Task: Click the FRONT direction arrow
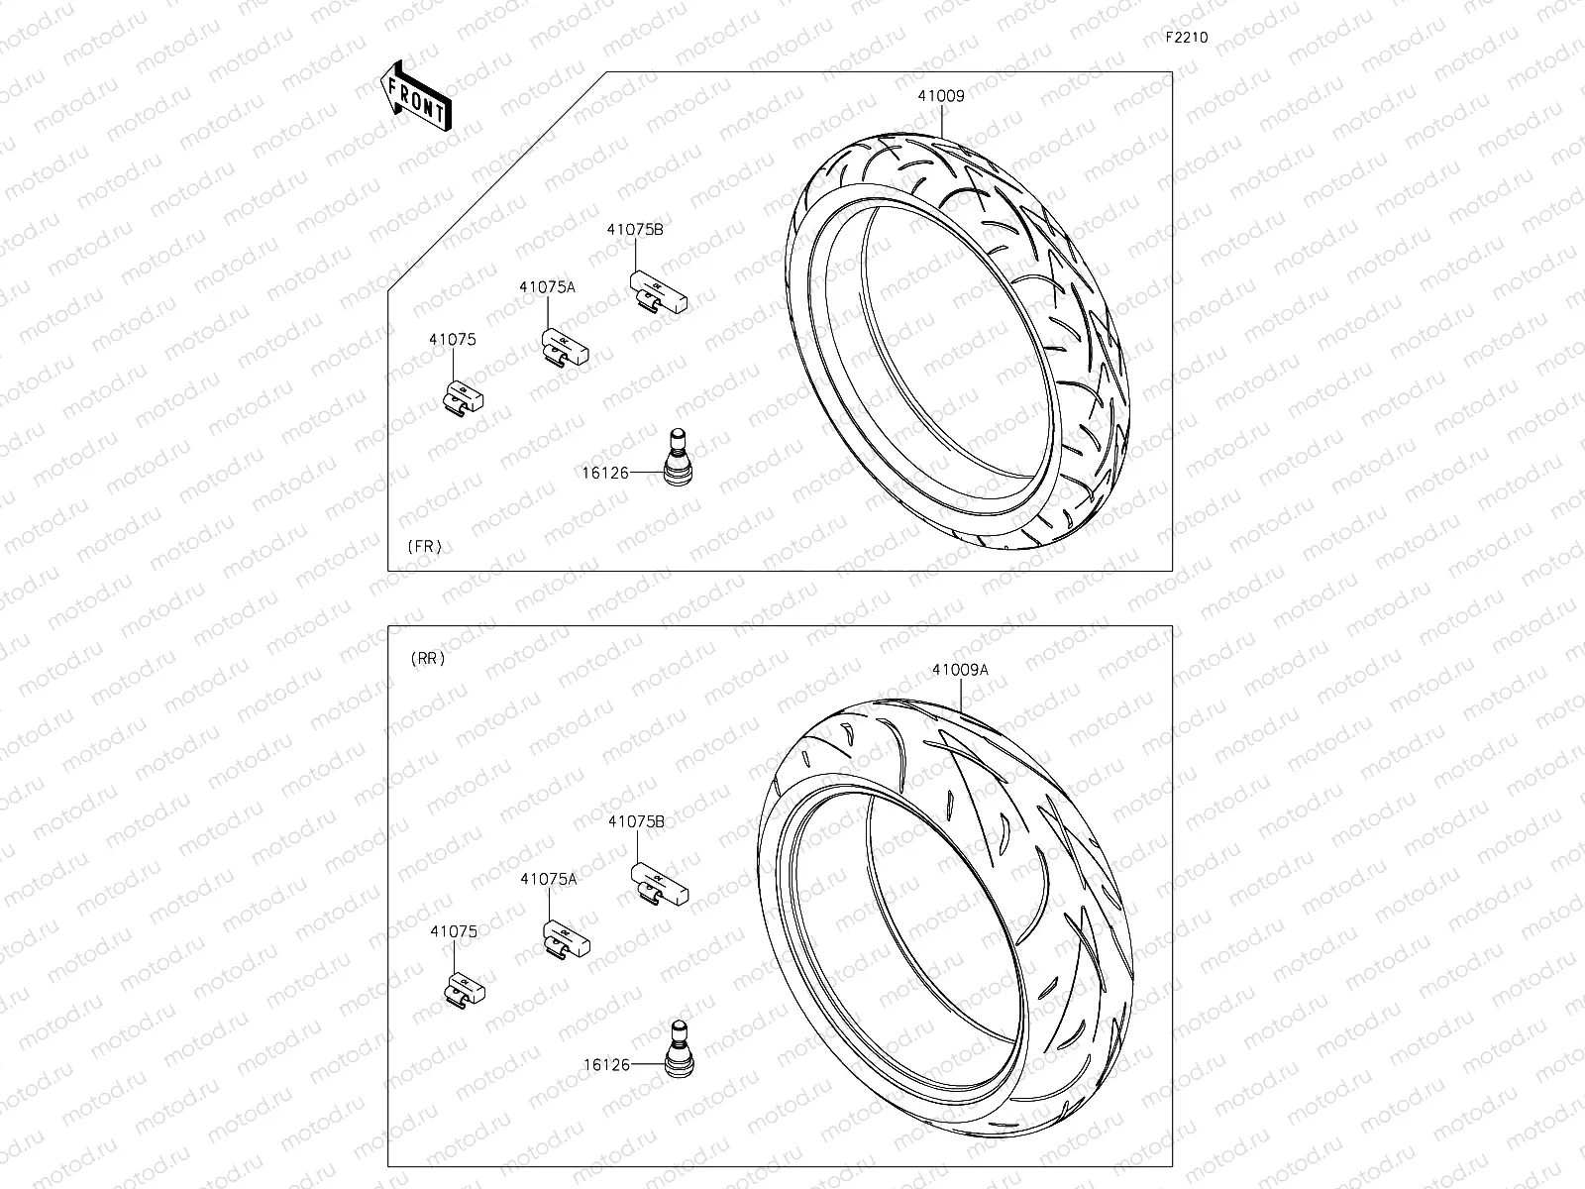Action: point(414,97)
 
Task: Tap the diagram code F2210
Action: point(1186,38)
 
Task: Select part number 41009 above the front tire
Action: point(940,96)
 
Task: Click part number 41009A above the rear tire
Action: point(959,670)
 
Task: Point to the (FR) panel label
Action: point(425,546)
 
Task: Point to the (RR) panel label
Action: point(427,658)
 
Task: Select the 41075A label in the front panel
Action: point(547,286)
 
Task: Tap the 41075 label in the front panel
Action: point(453,339)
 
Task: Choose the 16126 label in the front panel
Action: point(605,473)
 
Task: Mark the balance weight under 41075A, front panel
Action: point(564,349)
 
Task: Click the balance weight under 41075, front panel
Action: point(462,397)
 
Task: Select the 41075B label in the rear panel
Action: point(636,821)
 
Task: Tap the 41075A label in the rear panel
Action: point(548,878)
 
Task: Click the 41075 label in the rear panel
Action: point(454,931)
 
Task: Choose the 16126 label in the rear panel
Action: point(606,1065)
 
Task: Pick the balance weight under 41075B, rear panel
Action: point(660,883)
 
